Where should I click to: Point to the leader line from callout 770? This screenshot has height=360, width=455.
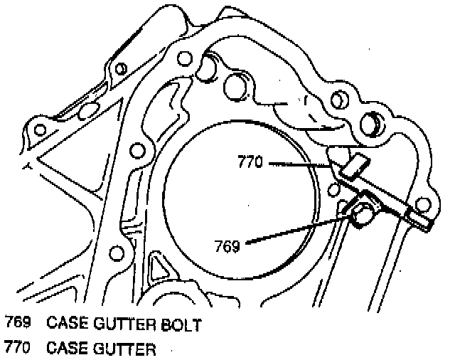(x=299, y=164)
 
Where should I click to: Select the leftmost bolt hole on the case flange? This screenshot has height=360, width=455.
(x=40, y=129)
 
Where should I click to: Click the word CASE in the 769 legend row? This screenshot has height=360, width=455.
(x=67, y=324)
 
